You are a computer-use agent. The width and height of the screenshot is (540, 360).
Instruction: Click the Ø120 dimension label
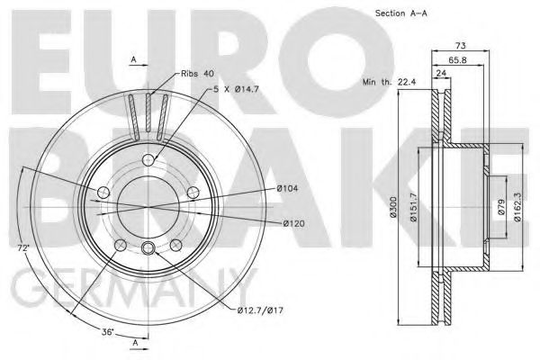[297, 223]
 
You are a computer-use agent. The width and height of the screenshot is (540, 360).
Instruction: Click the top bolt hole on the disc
[149, 160]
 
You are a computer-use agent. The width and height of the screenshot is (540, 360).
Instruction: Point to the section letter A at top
[133, 59]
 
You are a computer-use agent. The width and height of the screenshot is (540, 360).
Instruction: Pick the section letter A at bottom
[133, 343]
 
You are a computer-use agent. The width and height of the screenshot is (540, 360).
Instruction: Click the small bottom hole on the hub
[149, 250]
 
